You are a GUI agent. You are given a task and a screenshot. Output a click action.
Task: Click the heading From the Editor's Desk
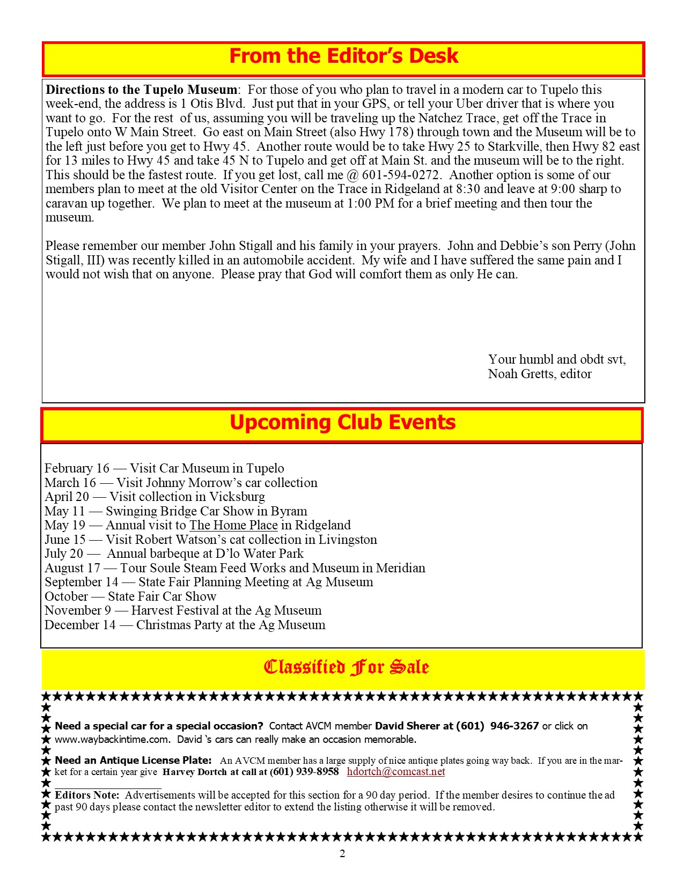tap(343, 56)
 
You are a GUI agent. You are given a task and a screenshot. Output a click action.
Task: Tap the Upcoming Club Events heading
tap(342, 423)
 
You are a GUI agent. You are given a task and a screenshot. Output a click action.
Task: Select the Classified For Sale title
tap(346, 667)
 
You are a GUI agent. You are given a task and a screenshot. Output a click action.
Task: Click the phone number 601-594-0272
tap(401, 175)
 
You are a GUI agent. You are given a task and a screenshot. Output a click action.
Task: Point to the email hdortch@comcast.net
tap(396, 772)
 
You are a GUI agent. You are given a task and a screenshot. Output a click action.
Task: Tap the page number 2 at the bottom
tap(342, 854)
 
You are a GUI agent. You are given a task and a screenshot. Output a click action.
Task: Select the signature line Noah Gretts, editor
tap(540, 374)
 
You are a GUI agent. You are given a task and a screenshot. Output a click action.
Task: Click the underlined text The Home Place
tap(233, 525)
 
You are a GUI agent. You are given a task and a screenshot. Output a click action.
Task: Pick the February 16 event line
tap(164, 468)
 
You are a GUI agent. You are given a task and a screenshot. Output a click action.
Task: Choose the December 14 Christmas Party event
tap(185, 625)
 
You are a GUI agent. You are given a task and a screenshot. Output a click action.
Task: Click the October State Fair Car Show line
tap(130, 596)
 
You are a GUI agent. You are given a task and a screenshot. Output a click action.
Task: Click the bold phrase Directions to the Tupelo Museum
tap(142, 90)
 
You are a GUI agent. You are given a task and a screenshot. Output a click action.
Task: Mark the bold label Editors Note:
tap(87, 795)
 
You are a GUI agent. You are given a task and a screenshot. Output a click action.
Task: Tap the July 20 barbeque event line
tap(174, 554)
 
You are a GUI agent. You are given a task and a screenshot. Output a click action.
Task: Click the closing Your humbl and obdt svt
tap(557, 359)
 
